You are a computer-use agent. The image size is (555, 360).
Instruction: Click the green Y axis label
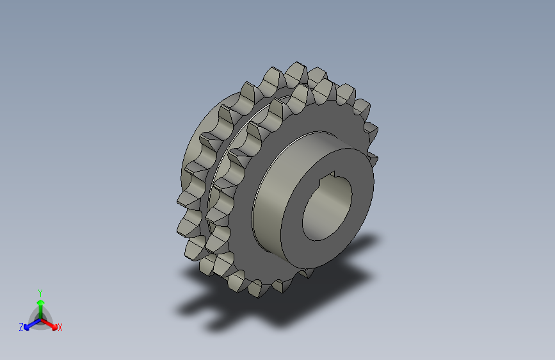[40, 291]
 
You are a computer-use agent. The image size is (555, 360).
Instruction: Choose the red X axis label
[60, 327]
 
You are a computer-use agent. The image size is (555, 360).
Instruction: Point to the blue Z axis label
[21, 327]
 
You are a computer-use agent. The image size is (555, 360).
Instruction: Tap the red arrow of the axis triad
[51, 324]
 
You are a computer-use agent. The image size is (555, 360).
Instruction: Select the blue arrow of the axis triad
[29, 324]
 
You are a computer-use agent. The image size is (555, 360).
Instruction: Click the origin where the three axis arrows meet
[40, 318]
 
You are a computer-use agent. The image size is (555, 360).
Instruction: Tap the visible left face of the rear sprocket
[192, 147]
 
